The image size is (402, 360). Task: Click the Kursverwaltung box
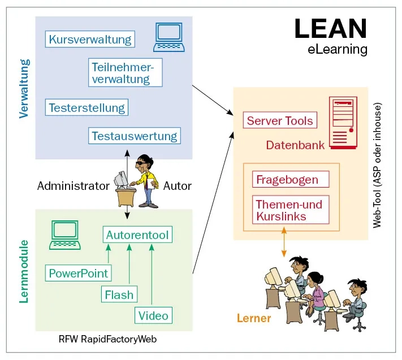pos(90,40)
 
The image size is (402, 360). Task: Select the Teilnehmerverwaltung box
pos(125,73)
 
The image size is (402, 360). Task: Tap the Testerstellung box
pos(87,107)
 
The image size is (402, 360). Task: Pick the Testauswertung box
pos(135,136)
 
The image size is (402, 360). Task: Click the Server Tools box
pos(280,120)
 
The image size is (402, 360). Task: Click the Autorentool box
pos(137,235)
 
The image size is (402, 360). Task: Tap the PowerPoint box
pos(78,274)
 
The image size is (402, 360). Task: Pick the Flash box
pos(119,294)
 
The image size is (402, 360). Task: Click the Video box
pos(154,315)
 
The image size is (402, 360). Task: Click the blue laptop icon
pos(170,37)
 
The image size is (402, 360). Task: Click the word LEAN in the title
pos(330,28)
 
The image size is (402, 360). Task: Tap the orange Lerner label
pos(253,319)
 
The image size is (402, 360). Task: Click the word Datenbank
pos(295,145)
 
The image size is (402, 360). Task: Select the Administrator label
pos(73,186)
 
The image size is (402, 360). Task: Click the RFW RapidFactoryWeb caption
pos(107,340)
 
